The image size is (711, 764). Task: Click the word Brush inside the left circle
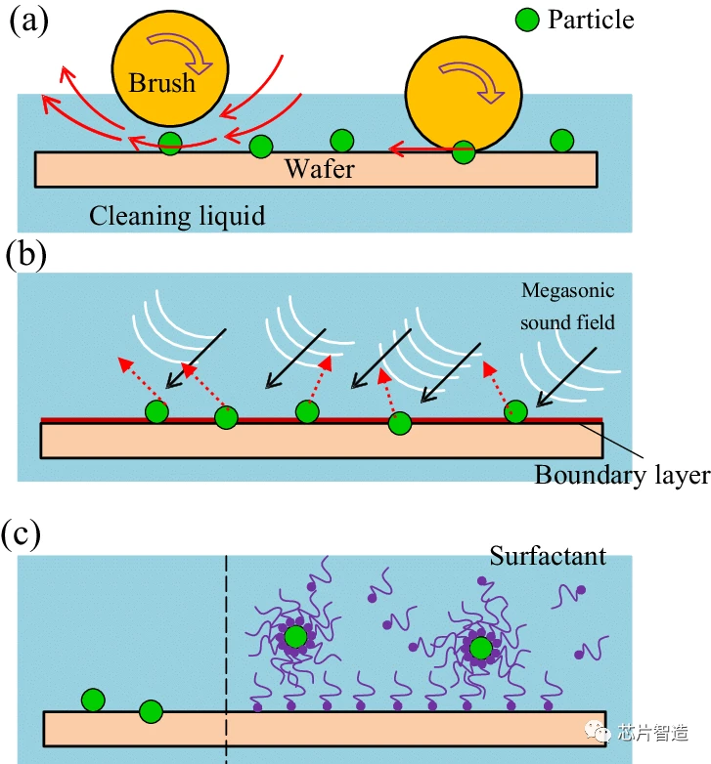click(162, 82)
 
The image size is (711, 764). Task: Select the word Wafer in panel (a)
click(320, 168)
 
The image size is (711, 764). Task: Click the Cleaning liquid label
click(177, 215)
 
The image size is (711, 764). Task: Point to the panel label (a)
click(29, 21)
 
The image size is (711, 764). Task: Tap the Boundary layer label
click(621, 475)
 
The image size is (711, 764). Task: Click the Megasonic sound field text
click(567, 306)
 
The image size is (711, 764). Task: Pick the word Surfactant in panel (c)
click(548, 556)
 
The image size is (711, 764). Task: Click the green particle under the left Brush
click(170, 144)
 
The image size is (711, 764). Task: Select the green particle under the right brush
click(464, 151)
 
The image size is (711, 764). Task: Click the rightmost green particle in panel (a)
click(561, 141)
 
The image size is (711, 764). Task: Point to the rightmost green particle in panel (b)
click(515, 412)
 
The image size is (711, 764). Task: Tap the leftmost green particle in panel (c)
click(93, 700)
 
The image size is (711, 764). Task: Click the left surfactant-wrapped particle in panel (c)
click(295, 637)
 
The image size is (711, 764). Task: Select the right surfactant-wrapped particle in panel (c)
click(480, 648)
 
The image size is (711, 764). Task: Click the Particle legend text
click(591, 20)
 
